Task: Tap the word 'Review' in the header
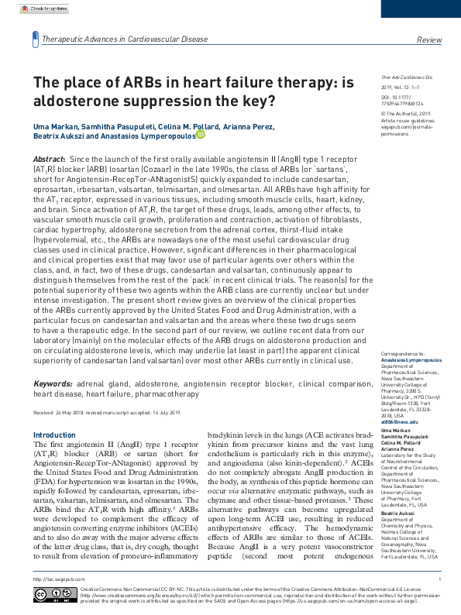(428, 39)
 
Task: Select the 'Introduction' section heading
(55, 435)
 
